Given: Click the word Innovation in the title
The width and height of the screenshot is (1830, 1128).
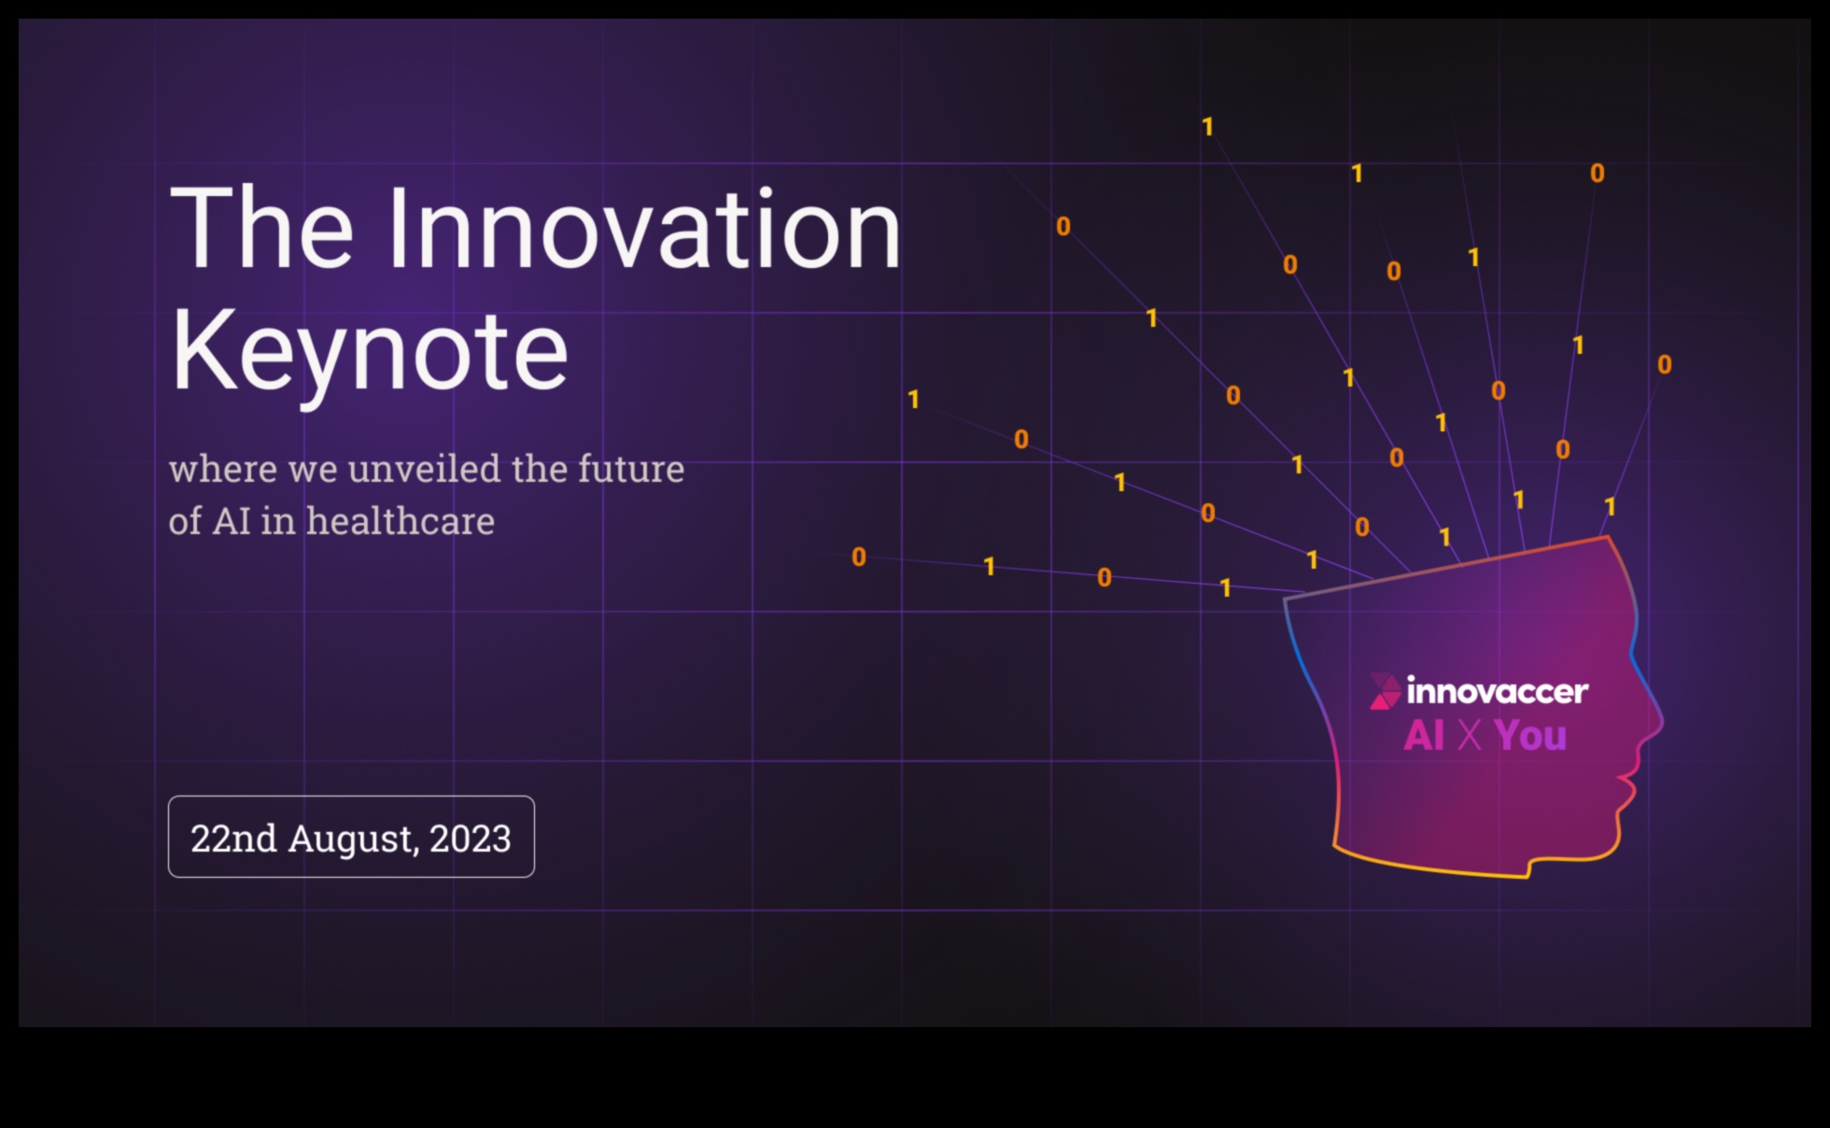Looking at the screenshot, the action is click(644, 229).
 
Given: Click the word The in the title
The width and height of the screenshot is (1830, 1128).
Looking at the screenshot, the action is click(262, 228).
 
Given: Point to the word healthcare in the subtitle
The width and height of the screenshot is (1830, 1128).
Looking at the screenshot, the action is click(401, 521).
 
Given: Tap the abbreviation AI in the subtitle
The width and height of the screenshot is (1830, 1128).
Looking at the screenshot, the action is click(232, 522).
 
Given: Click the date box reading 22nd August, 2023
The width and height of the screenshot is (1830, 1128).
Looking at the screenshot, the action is click(351, 837).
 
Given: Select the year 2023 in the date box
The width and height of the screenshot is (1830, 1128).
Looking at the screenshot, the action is click(471, 839).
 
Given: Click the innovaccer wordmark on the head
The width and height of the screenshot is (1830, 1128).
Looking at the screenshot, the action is click(1497, 692).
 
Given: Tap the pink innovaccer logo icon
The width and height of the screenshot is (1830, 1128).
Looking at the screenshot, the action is click(1385, 691).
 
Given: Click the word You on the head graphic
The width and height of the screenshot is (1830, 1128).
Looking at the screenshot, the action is click(1530, 736).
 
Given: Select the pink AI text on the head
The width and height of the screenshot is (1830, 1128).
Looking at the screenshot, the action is click(1425, 736).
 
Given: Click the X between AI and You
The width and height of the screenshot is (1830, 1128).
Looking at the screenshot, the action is click(1470, 736).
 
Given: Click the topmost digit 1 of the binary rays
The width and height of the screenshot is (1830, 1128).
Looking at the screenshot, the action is click(1207, 127).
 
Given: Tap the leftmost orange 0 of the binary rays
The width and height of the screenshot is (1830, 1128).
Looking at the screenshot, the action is click(859, 557).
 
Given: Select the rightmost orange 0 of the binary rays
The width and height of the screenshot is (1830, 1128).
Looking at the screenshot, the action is click(1664, 364).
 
